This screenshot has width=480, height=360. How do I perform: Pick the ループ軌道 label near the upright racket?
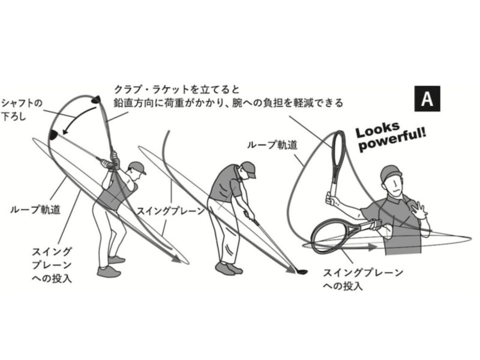268,145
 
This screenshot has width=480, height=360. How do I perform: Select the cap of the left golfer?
137,167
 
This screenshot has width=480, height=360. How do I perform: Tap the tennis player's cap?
391,173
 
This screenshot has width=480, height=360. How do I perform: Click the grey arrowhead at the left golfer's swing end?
178,259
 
